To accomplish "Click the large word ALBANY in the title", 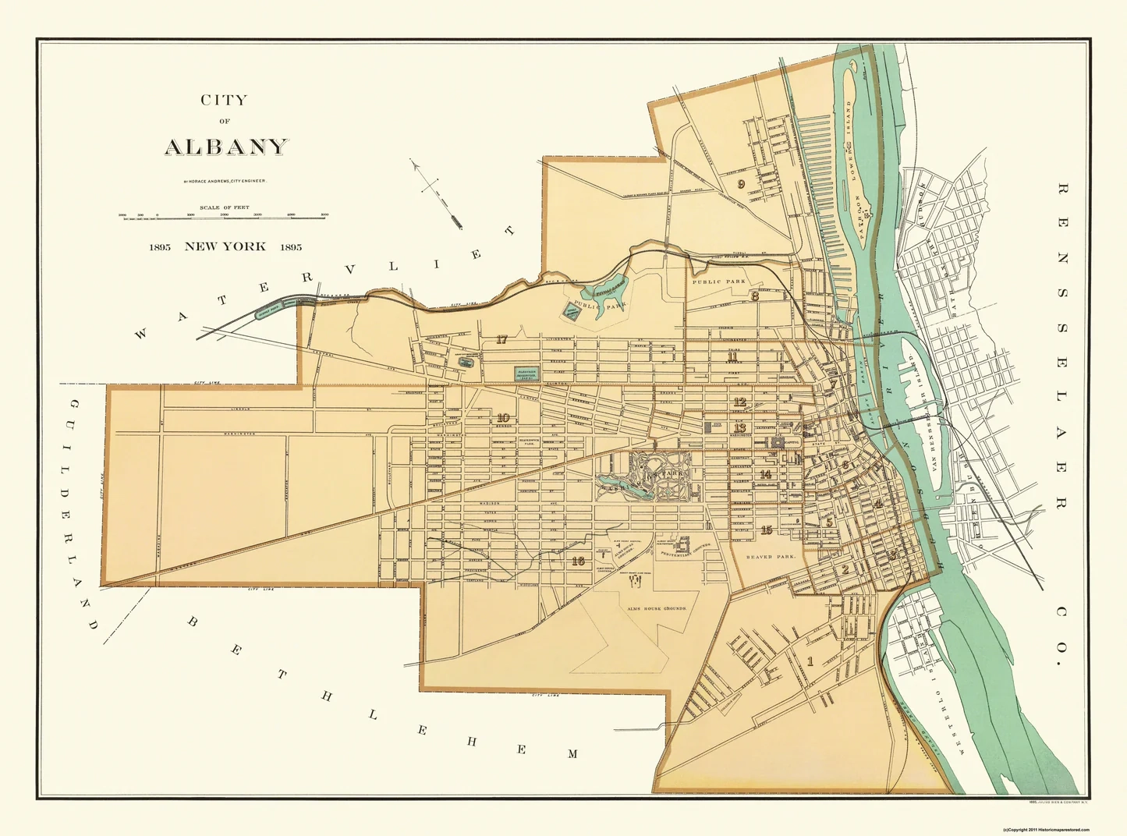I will [226, 147].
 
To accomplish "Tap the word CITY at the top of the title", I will [224, 100].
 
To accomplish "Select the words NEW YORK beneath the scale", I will [225, 246].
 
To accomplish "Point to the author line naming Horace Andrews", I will [225, 181].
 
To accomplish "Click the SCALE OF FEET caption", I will [224, 207].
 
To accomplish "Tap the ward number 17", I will [501, 339].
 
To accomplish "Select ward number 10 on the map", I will [503, 418].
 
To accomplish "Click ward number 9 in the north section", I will [741, 184].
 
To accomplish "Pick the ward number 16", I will [577, 560].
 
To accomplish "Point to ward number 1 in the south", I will [810, 662].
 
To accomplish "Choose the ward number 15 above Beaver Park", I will [766, 530].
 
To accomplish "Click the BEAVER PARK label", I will [769, 557].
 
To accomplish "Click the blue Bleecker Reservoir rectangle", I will [526, 374].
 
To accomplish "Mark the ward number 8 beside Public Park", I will [755, 296].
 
